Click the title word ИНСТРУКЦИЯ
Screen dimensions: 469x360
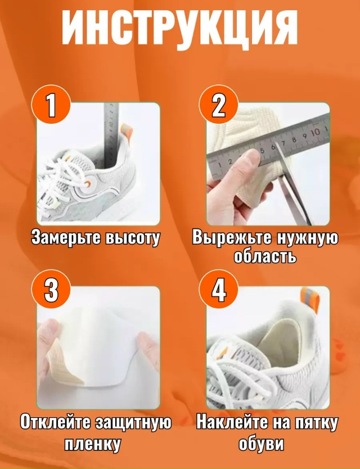pos(179,29)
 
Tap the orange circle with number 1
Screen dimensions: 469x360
pos(51,105)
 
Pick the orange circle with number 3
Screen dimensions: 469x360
pos(51,290)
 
